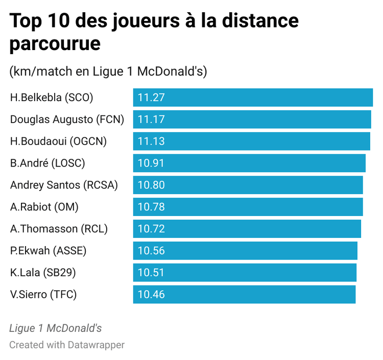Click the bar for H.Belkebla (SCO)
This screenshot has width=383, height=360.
[x=253, y=98]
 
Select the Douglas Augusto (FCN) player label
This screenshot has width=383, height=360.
[x=67, y=119]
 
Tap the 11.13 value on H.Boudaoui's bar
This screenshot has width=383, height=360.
[x=152, y=141]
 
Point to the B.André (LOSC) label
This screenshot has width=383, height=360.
[x=47, y=163]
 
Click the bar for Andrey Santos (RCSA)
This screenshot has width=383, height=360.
[x=248, y=185]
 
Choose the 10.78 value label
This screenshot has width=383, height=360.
[x=152, y=207]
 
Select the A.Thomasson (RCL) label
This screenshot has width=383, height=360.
[x=59, y=229]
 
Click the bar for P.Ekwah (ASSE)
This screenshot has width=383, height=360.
[x=245, y=251]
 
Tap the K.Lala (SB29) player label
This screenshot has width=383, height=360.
[x=43, y=273]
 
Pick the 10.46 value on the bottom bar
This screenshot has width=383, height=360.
[x=152, y=295]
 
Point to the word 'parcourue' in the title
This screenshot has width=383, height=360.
[x=55, y=43]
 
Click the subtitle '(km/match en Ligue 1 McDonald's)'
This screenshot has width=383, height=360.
[x=108, y=71]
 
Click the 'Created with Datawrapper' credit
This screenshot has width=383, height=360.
[x=67, y=345]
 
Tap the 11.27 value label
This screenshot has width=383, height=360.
[x=152, y=98]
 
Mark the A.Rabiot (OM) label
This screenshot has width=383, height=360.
[x=44, y=207]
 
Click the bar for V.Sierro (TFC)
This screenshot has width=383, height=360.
[x=244, y=295]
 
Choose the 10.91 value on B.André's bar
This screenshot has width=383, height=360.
[x=152, y=163]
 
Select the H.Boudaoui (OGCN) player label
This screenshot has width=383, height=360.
[x=58, y=141]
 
